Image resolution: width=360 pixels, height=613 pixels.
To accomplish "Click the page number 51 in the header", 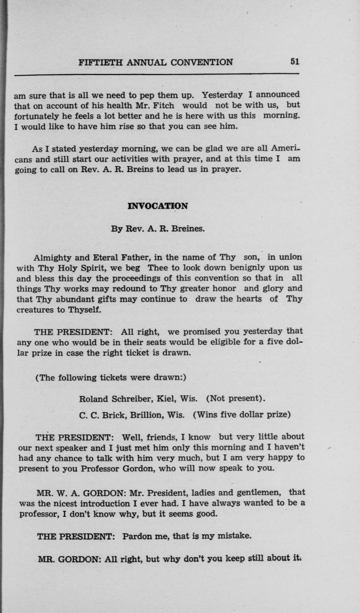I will pyautogui.click(x=295, y=62).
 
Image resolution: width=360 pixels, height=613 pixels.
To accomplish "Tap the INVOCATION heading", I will pyautogui.click(x=158, y=206).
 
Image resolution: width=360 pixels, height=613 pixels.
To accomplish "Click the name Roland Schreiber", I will pyautogui.click(x=112, y=398).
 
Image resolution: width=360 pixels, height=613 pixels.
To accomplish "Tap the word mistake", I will pyautogui.click(x=236, y=536).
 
